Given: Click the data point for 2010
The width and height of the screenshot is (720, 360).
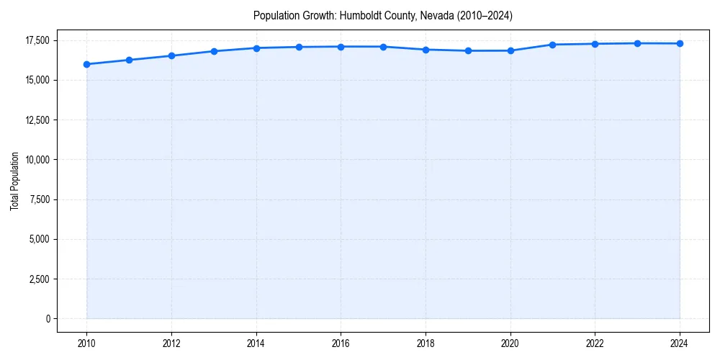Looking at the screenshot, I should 86,64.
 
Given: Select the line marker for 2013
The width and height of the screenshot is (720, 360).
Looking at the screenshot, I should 214,51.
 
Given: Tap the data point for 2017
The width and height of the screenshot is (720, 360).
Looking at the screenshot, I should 383,47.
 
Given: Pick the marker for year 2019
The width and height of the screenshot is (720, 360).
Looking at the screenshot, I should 468,50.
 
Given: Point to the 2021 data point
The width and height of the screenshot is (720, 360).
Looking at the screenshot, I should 552,45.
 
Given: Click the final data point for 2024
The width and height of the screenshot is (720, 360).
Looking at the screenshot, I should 680,44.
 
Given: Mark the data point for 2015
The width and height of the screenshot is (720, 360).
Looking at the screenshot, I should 299,47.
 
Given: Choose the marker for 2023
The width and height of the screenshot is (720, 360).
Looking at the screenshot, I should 637,43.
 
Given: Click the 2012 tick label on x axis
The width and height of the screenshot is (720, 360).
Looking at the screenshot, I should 171,343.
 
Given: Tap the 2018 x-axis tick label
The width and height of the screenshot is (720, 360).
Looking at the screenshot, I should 426,343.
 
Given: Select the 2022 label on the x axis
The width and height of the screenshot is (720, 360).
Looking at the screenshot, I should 595,343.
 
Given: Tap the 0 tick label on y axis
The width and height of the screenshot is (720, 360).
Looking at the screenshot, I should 49,319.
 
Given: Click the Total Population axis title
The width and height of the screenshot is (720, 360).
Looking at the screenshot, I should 14,181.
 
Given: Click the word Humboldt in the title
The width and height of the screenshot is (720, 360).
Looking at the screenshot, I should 358,15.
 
